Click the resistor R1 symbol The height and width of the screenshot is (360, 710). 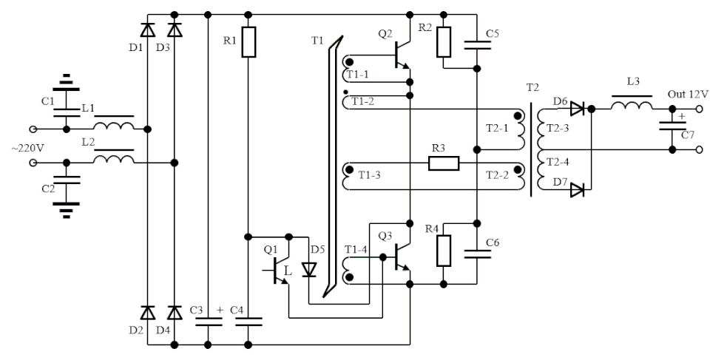(248, 42)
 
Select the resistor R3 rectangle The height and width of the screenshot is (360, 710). (444, 163)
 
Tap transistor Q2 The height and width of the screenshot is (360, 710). (400, 54)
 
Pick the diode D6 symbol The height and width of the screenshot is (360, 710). (578, 109)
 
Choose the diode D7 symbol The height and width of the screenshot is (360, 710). (577, 190)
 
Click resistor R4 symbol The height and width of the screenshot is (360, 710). (443, 251)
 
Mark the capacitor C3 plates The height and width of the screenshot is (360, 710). (208, 320)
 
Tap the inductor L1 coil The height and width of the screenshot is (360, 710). (114, 127)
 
